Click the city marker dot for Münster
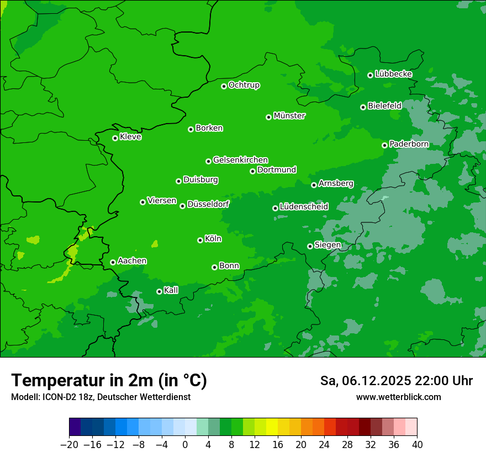pyautogui.click(x=269, y=117)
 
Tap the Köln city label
pyautogui.click(x=213, y=239)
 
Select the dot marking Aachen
pyautogui.click(x=113, y=262)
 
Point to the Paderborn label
pyautogui.click(x=409, y=144)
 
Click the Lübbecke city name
pyautogui.click(x=393, y=74)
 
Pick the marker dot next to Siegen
pyautogui.click(x=310, y=246)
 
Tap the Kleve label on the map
pyautogui.click(x=130, y=137)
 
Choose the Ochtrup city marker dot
pyautogui.click(x=224, y=86)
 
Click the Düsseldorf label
pyautogui.click(x=208, y=204)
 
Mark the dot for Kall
pyautogui.click(x=159, y=291)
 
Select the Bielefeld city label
pyautogui.click(x=384, y=105)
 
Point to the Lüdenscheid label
pyautogui.click(x=304, y=207)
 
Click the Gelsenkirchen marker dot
pyautogui.click(x=208, y=161)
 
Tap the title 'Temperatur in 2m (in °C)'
pyautogui.click(x=109, y=380)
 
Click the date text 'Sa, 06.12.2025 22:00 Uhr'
pyautogui.click(x=396, y=381)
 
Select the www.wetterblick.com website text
pyautogui.click(x=398, y=397)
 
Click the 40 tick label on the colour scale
pyautogui.click(x=417, y=445)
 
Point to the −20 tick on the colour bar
pyautogui.click(x=69, y=445)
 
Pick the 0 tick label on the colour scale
pyautogui.click(x=185, y=445)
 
